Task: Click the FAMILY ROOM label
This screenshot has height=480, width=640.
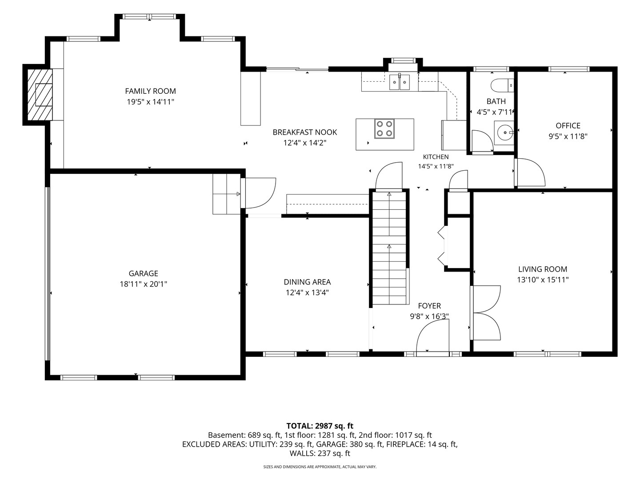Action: [x=151, y=91]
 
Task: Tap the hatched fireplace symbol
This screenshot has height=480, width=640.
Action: [x=40, y=95]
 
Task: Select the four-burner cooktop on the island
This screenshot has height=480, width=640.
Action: [x=384, y=128]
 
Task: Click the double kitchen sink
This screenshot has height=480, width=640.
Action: [x=400, y=83]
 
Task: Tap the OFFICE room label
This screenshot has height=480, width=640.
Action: [x=568, y=126]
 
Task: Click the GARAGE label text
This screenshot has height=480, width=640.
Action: [x=144, y=273]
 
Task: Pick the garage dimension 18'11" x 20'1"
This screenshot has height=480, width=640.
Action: [x=144, y=284]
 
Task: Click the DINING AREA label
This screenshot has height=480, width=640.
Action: [x=307, y=282]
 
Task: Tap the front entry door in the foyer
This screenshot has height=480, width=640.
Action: [x=433, y=337]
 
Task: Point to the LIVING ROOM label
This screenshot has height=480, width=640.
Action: [x=543, y=269]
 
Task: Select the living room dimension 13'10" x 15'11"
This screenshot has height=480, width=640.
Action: [x=543, y=280]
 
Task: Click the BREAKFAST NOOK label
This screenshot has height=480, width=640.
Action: [x=305, y=132]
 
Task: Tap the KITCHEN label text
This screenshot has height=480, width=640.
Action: [x=436, y=157]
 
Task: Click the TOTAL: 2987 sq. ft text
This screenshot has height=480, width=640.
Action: [x=320, y=426]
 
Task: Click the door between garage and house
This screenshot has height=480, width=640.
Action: [x=258, y=193]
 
